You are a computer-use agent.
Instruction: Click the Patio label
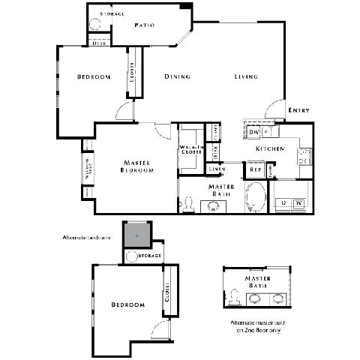pos(145,25)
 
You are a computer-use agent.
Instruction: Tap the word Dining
pos(178,76)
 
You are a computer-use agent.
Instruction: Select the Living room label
pos(246,76)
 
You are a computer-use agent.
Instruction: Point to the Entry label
pos(298,111)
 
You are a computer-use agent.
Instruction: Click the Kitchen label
pos(270,149)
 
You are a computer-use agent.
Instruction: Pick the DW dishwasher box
pos(253,132)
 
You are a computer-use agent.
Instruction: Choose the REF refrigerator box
pos(256,170)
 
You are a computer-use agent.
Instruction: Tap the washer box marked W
pos(298,202)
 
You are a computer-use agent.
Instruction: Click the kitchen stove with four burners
pos(304,156)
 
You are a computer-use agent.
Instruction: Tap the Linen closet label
pos(217,169)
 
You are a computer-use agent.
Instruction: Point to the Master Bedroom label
pos(137,166)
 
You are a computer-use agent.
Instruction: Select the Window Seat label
pos(87,164)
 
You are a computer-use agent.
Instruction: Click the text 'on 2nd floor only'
pos(256,331)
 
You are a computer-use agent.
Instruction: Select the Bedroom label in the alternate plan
pos(127,304)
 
